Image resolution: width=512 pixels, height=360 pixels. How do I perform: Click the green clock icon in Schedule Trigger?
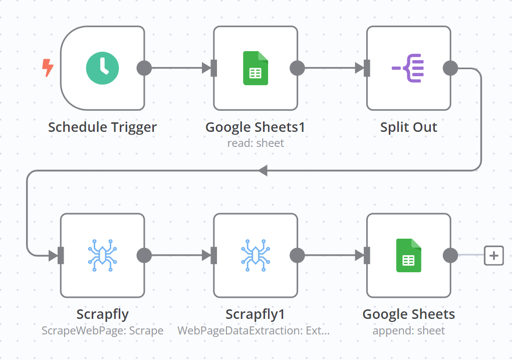coord(102,68)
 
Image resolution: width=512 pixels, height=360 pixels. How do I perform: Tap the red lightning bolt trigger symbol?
coord(48,68)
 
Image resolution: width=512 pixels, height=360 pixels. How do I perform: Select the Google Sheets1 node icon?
coord(255,68)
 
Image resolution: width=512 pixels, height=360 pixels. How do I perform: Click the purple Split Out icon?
coord(408,68)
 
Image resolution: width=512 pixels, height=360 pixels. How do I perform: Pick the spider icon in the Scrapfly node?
coord(102,256)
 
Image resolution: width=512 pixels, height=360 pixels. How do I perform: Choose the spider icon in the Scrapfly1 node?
coord(255,256)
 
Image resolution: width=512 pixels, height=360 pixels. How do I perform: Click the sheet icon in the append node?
coord(408,256)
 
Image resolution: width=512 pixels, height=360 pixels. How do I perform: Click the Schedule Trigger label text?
coord(102,127)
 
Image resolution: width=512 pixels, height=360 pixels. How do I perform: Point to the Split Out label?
coord(408,127)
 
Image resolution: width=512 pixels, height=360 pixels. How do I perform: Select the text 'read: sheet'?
coord(255,143)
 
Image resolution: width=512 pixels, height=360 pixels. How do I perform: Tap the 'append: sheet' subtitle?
coord(408,331)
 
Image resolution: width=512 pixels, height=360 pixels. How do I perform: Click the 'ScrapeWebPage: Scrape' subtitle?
coord(102,331)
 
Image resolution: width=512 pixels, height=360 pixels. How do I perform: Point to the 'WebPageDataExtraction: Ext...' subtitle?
coord(253,331)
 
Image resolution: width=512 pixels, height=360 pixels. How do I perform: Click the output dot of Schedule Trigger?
coord(144,68)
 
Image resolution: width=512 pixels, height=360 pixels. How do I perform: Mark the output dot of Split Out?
coord(450,68)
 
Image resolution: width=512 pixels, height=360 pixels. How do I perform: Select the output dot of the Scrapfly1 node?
coord(297,256)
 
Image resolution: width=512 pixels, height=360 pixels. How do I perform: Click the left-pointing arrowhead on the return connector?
coord(263,170)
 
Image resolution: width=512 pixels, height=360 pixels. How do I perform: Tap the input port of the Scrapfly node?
coord(61,256)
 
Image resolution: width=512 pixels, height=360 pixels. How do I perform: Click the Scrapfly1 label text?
coord(255,315)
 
